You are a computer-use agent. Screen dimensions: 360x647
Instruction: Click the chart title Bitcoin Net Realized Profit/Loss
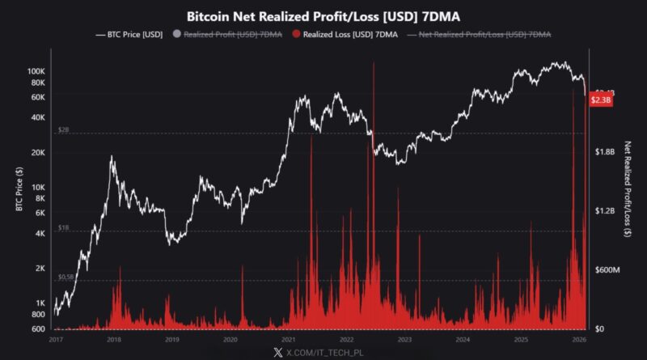point(323,15)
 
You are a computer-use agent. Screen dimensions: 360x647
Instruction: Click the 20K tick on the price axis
point(37,153)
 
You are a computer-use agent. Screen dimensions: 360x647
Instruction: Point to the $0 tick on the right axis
point(601,328)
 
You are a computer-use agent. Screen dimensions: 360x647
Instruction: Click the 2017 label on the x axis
point(55,341)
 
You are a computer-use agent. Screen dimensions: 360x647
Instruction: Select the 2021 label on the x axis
point(288,341)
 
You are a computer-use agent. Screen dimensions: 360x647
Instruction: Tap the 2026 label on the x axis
point(579,341)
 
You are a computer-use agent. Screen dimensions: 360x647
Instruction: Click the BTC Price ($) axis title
point(18,190)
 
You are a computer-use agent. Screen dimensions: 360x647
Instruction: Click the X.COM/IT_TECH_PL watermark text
point(332,353)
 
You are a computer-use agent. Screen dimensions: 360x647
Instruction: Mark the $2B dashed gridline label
point(64,129)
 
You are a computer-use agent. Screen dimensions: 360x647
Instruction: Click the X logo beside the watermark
point(278,353)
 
